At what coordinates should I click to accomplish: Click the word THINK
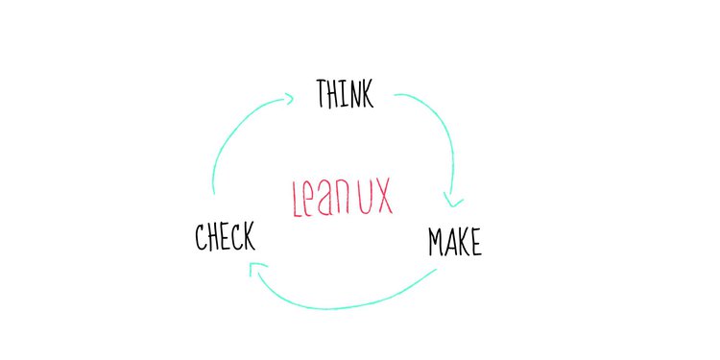(x=345, y=94)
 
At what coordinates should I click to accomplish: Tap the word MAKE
(x=454, y=243)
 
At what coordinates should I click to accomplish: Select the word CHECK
(x=225, y=236)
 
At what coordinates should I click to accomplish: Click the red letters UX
(x=375, y=196)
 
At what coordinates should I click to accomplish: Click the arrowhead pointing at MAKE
(x=452, y=201)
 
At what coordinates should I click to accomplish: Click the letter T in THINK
(x=322, y=94)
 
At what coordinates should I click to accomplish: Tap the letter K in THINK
(x=367, y=94)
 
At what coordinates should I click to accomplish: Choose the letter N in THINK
(x=352, y=94)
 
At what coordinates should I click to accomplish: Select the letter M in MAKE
(x=436, y=243)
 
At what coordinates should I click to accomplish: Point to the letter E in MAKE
(x=474, y=244)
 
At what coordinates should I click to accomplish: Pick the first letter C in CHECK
(x=201, y=236)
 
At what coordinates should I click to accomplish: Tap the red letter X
(x=383, y=196)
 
